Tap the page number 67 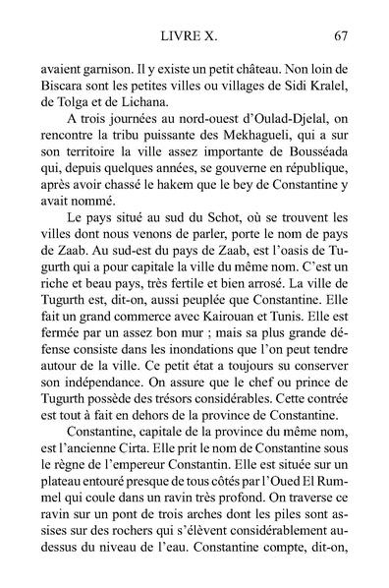click(x=342, y=37)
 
